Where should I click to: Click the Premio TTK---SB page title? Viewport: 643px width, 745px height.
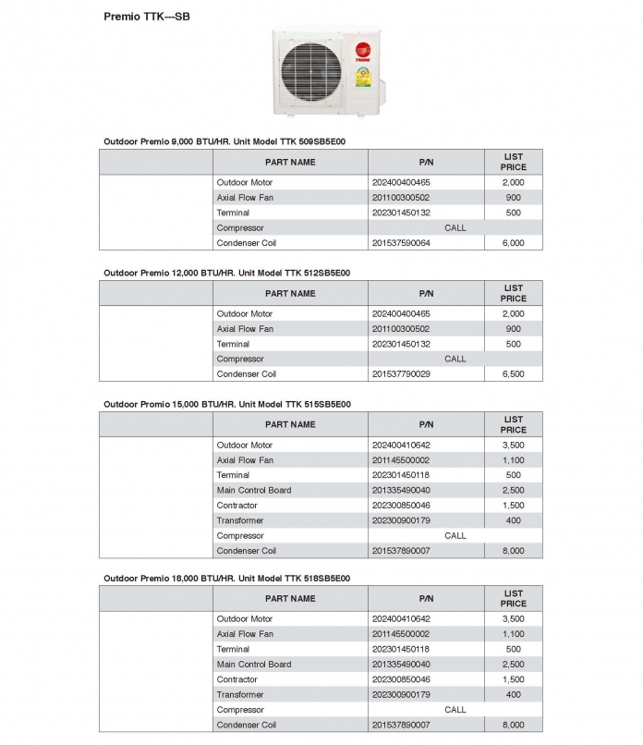point(147,17)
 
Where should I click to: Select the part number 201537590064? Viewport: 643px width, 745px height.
point(401,243)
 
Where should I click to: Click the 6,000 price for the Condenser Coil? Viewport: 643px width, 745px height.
point(513,243)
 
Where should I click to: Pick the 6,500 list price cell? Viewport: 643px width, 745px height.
point(513,374)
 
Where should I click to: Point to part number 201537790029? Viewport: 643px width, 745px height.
point(401,374)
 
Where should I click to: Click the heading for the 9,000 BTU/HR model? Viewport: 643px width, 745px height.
point(224,141)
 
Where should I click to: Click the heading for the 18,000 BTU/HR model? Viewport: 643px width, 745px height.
point(226,578)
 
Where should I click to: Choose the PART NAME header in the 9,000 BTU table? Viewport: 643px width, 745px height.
point(290,162)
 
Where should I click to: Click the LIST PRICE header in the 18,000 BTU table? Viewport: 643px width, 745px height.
point(513,598)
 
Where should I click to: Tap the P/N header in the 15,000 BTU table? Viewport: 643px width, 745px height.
point(426,424)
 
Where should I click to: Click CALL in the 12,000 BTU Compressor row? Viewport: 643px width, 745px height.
point(455,359)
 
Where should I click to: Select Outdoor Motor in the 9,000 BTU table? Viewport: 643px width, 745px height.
point(244,183)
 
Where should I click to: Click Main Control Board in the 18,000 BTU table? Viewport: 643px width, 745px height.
point(253,665)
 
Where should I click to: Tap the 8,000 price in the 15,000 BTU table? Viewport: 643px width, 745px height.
point(513,551)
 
